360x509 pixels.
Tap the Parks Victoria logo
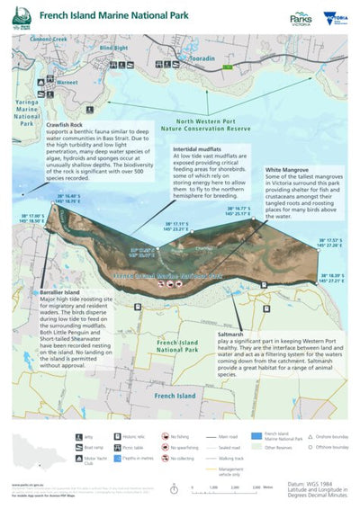pyautogui.click(x=301, y=17)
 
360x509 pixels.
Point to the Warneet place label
pyautogui.click(x=66, y=82)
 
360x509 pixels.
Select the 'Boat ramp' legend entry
pyautogui.click(x=80, y=447)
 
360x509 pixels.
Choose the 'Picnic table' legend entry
pyautogui.click(x=121, y=447)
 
